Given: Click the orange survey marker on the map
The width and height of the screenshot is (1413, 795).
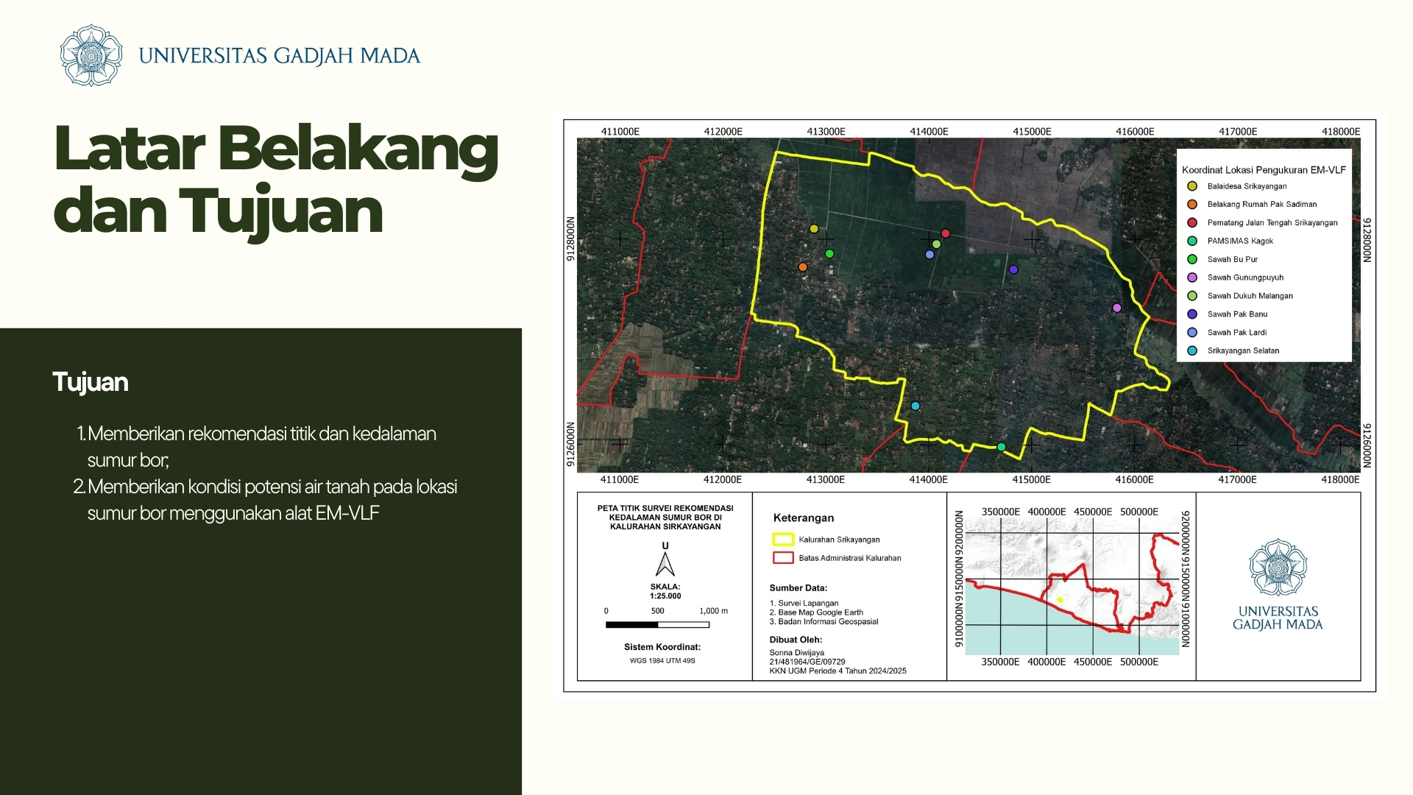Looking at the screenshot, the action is [x=803, y=267].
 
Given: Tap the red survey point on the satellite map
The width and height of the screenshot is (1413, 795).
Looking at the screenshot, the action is [x=946, y=233].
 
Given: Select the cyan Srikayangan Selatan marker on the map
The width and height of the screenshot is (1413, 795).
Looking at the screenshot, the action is [x=916, y=406].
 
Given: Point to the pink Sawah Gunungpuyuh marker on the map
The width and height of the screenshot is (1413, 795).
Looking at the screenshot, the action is [x=1116, y=308].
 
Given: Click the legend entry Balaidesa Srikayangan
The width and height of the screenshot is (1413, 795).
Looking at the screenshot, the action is [x=1247, y=186].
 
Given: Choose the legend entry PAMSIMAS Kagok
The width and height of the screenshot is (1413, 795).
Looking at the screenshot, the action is [x=1240, y=241].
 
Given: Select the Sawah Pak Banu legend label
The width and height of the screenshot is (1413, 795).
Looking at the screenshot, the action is [x=1237, y=314].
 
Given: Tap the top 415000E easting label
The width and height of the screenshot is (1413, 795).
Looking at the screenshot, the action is [x=1032, y=132].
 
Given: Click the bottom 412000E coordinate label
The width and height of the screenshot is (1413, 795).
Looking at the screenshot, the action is [x=723, y=480].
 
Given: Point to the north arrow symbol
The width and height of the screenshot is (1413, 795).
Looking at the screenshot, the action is [x=665, y=565].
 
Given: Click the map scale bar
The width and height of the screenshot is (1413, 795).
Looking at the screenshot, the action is [x=657, y=625].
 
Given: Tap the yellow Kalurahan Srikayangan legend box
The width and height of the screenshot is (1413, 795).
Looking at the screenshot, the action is [x=783, y=539].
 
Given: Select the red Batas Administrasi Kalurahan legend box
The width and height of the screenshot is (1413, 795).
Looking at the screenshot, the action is [x=783, y=558].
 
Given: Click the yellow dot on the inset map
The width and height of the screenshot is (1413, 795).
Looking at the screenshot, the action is [x=1060, y=600].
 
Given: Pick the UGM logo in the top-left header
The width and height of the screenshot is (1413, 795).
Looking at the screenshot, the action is [x=91, y=55].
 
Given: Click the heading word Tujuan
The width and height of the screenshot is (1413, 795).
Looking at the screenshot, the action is [x=91, y=383].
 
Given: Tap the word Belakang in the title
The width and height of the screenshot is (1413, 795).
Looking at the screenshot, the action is [x=358, y=149].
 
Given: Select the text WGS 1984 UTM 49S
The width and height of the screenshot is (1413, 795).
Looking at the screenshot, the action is [x=662, y=660].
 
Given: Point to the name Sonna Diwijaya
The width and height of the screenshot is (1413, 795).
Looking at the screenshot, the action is [x=797, y=653].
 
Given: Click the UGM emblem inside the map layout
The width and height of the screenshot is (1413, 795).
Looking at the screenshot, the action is [x=1278, y=568].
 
